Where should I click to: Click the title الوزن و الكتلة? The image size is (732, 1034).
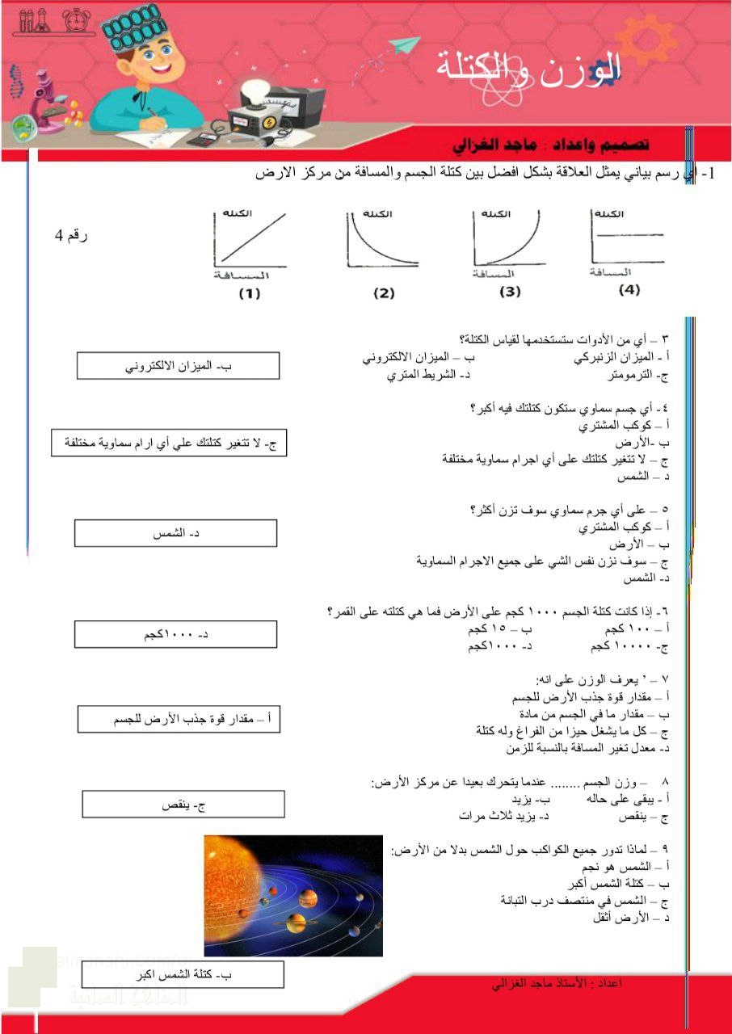click(x=529, y=67)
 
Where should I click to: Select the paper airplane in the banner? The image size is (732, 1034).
click(x=404, y=47)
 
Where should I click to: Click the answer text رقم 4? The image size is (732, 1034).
click(x=71, y=236)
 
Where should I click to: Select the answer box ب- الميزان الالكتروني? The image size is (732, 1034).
click(x=178, y=366)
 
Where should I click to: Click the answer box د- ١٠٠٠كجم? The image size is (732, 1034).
click(x=175, y=634)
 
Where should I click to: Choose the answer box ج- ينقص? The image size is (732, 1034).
click(x=183, y=805)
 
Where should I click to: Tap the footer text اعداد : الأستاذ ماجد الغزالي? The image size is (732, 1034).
click(x=557, y=983)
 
